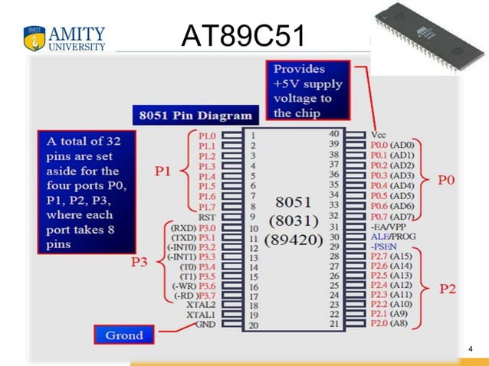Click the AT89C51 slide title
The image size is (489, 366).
point(243,34)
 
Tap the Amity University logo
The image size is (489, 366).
point(64,38)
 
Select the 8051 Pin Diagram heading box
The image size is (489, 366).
point(194,116)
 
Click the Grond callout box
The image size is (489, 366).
point(123,335)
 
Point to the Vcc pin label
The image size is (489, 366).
point(378,134)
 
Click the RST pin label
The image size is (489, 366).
point(206,217)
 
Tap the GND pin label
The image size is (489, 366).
point(205,324)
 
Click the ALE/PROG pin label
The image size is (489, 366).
point(393,237)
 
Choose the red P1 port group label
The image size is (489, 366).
point(163,171)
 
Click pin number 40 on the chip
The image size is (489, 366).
point(333,134)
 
